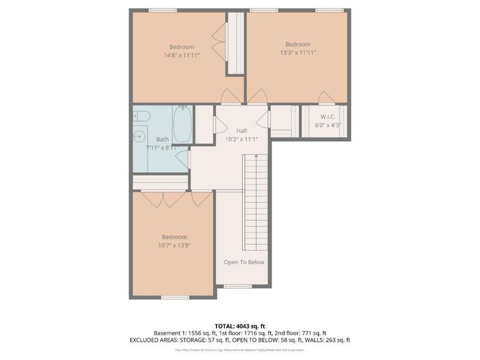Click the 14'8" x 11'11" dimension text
tap(181, 55)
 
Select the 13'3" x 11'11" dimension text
tap(298, 53)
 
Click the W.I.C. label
tap(328, 116)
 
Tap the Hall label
tap(241, 131)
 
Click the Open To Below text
tap(244, 262)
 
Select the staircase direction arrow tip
tap(256, 155)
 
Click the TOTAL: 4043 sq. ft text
tap(240, 326)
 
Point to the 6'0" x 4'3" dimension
tap(328, 125)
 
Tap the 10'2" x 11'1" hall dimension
tap(241, 139)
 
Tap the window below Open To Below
tap(238, 286)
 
